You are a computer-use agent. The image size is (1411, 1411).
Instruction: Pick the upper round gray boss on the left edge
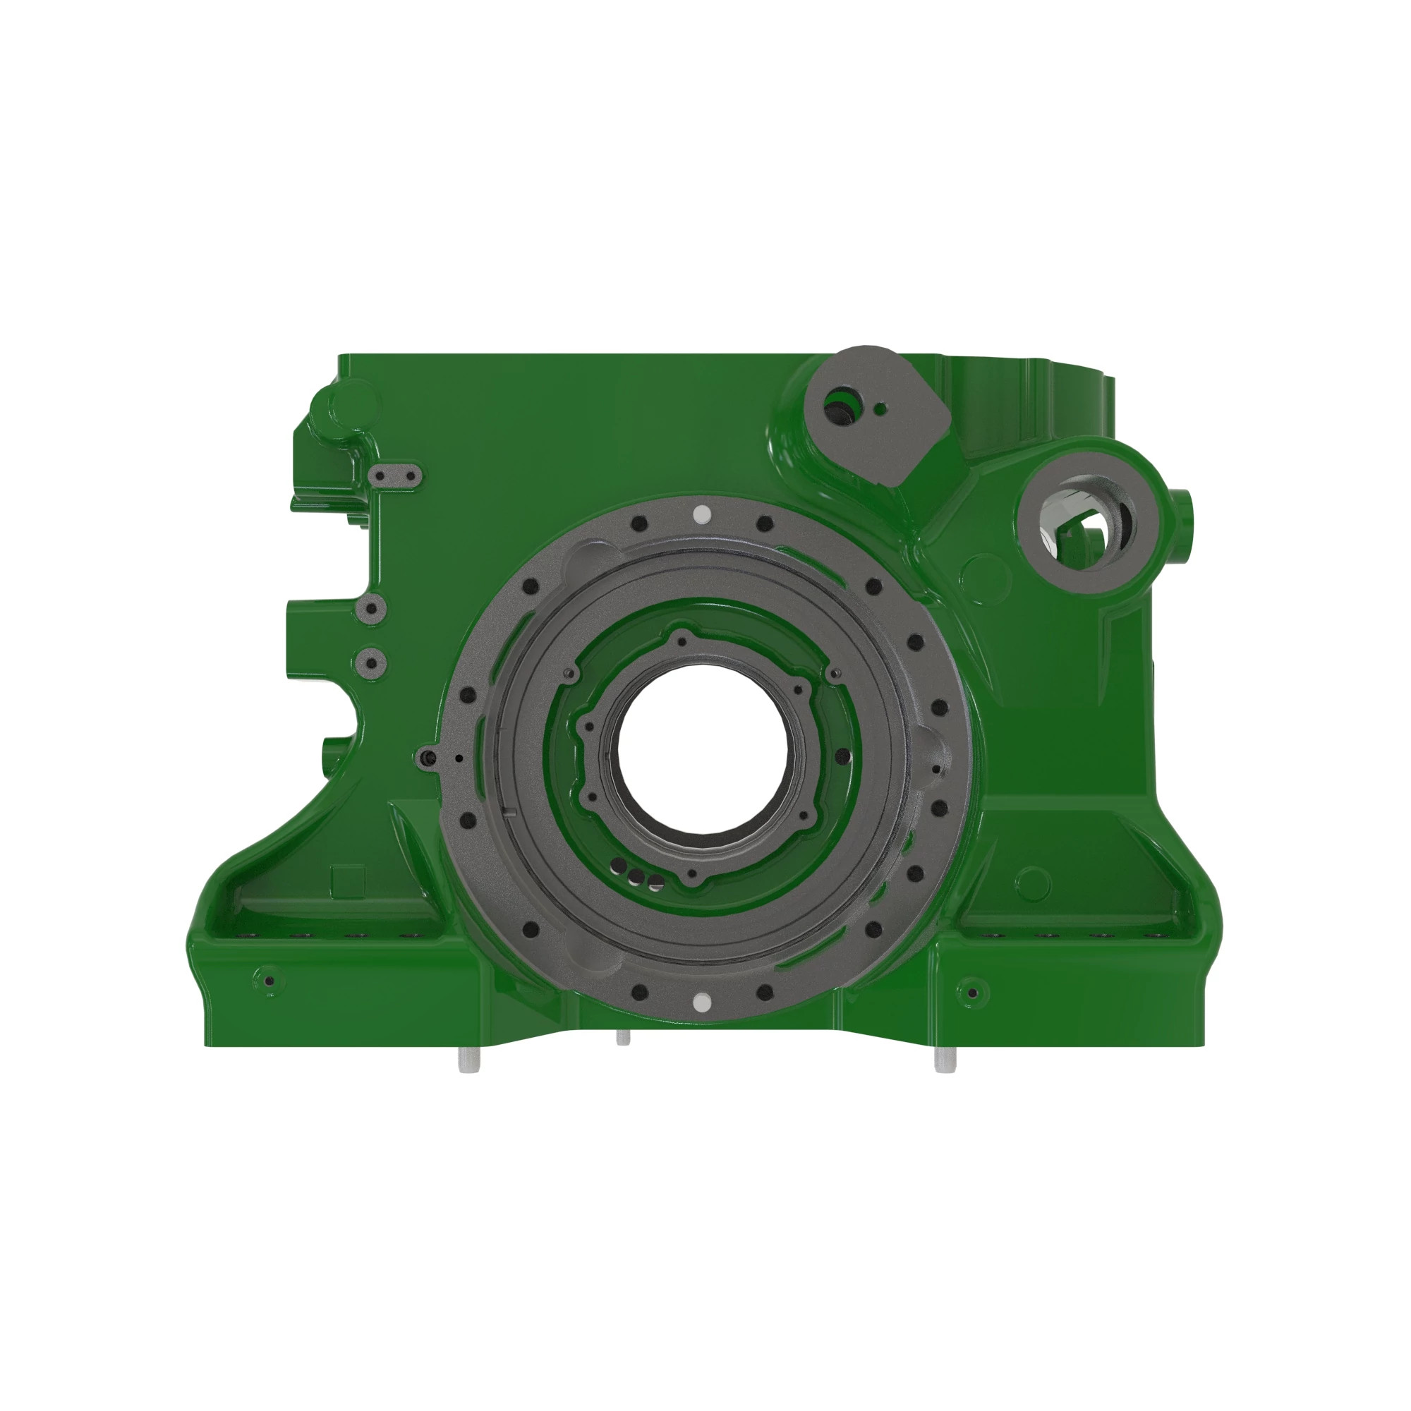click(x=371, y=608)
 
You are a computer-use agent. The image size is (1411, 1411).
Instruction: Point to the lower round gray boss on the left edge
click(x=371, y=663)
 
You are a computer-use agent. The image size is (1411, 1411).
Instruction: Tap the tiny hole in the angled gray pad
click(x=880, y=408)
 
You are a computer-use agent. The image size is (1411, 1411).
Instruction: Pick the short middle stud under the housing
click(x=622, y=1038)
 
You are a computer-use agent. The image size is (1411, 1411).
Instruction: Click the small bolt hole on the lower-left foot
click(x=270, y=981)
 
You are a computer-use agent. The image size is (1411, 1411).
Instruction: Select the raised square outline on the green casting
click(x=348, y=881)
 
